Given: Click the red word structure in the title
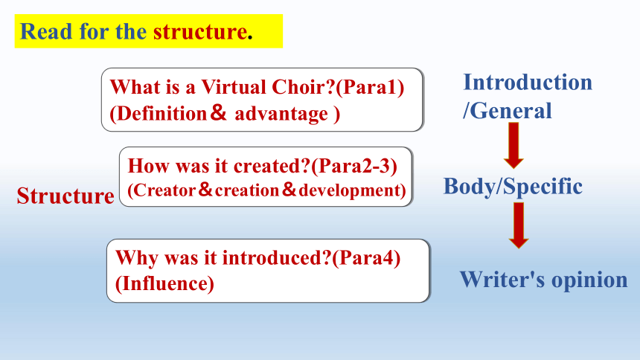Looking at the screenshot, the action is click(x=200, y=31).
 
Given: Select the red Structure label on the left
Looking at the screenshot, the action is click(x=65, y=196).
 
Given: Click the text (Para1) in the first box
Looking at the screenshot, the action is click(x=370, y=87).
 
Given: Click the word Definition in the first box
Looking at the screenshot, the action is click(x=161, y=114).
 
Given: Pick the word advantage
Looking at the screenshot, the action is click(x=281, y=115).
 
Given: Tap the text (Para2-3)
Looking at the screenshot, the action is click(x=354, y=166).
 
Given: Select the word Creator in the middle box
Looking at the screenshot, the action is click(x=164, y=190).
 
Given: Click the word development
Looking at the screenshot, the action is click(x=349, y=191).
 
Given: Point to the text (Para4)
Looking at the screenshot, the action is click(x=366, y=258).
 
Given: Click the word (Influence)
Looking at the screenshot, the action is click(x=164, y=283).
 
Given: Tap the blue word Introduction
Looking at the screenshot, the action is click(x=528, y=82).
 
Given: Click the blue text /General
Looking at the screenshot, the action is click(x=508, y=111).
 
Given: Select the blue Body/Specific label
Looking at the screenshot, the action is click(x=513, y=187).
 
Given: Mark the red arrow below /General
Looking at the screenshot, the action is click(x=514, y=145).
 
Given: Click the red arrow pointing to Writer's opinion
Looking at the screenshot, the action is click(x=519, y=225).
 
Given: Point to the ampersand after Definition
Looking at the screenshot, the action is click(x=219, y=112).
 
